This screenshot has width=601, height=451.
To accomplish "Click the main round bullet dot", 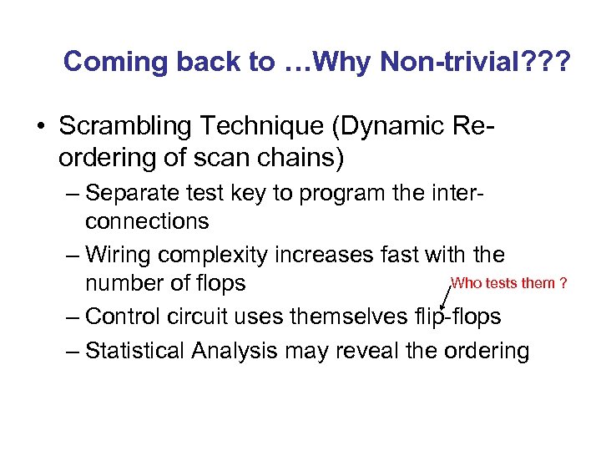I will coord(41,128).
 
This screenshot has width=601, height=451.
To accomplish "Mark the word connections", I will coord(147,221).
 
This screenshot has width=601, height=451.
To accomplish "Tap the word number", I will coord(122,284).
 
